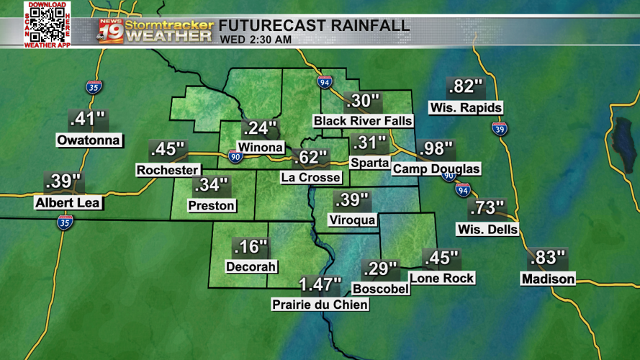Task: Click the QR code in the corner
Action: point(47,25)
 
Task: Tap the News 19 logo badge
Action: point(110,31)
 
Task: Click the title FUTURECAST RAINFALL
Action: point(315,25)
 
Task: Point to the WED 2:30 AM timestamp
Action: point(256,40)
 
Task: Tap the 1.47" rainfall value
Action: point(320,285)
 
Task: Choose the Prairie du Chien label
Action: point(320,305)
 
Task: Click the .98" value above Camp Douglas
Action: point(436,150)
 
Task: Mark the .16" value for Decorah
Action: point(251,247)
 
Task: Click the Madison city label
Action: point(548,279)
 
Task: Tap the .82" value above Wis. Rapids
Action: point(465,87)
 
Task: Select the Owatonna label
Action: point(89,140)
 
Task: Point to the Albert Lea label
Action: point(68,203)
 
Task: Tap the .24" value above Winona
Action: point(260,129)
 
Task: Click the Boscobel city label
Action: point(381,289)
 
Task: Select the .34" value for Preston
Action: point(212,186)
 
